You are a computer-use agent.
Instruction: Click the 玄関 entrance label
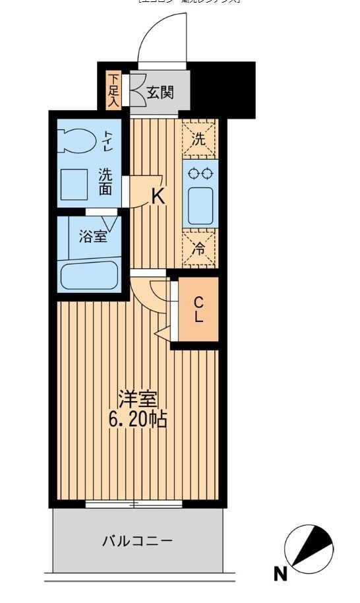pos(160,92)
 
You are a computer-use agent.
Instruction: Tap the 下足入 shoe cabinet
pos(113,89)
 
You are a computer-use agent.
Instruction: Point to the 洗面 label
pos(105,182)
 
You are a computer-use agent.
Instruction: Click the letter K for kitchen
pos(158,196)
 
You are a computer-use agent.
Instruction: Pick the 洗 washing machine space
pos(199,139)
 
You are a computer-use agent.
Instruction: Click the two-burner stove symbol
pos(200,174)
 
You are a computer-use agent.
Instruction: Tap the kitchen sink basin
pos(200,205)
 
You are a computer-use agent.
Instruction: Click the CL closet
pos(198,309)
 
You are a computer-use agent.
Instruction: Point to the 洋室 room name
pos(138,399)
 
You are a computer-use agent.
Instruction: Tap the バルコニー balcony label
pos(137,542)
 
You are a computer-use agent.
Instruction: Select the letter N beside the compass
pos(280,574)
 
